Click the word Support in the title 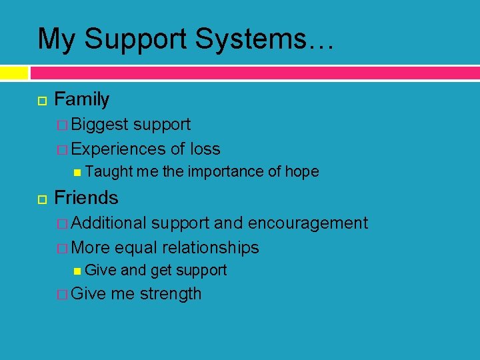138,39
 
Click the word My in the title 56,39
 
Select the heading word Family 81,100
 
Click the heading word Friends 86,198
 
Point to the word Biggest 99,125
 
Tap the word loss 205,149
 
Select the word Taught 110,172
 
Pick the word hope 301,172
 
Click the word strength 171,294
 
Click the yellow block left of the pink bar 14,73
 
